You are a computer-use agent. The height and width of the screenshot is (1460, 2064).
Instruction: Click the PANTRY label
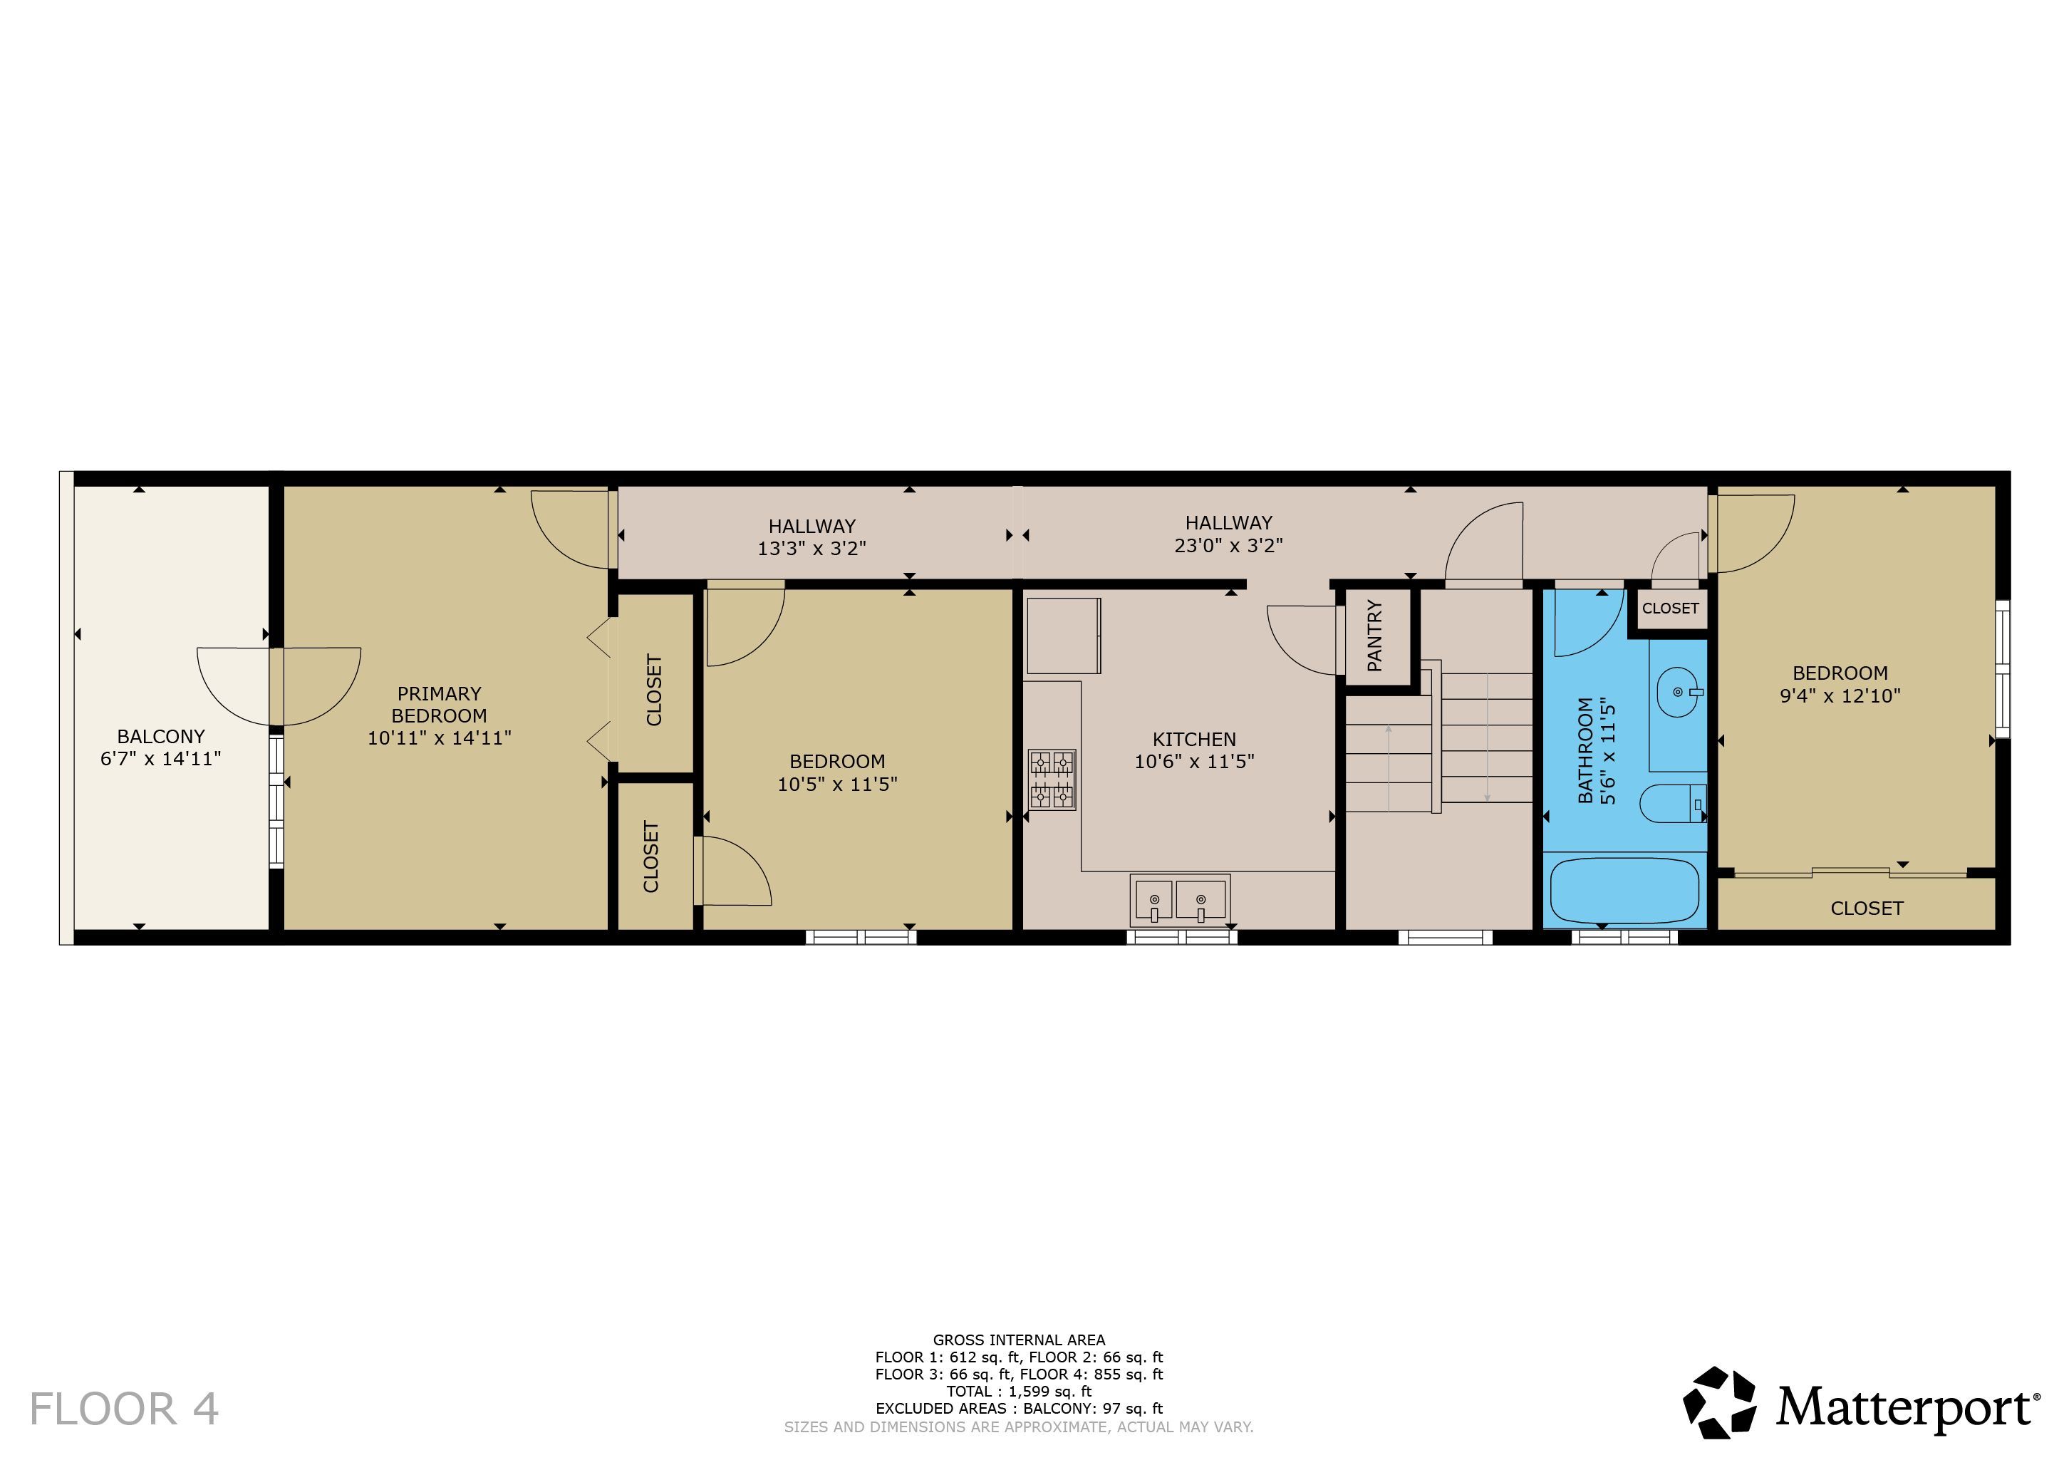(1374, 636)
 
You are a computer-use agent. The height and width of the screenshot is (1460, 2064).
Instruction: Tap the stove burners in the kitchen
(1052, 780)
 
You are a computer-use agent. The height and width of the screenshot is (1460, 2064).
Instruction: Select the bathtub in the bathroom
(1625, 891)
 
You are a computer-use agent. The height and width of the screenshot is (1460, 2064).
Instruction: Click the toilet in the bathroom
(1673, 804)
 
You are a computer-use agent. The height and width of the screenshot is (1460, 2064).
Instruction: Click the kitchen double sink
(1179, 899)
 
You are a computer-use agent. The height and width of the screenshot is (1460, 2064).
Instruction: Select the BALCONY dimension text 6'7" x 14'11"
(161, 759)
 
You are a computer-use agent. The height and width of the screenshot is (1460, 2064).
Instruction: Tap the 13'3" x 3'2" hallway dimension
(811, 549)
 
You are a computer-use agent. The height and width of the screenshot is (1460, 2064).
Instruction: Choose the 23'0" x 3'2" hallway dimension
(1228, 545)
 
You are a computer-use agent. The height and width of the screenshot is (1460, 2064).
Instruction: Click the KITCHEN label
(1194, 739)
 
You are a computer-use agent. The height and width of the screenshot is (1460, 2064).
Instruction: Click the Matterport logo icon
(1720, 1402)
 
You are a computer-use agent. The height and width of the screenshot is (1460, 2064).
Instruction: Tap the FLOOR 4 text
(124, 1409)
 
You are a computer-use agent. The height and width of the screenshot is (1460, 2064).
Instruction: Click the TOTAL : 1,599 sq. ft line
(1019, 1391)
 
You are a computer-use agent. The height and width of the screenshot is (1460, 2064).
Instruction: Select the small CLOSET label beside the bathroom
(1670, 609)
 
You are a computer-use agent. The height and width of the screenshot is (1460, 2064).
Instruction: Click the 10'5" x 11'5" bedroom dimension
(837, 784)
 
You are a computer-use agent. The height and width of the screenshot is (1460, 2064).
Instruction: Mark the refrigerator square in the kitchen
(1064, 636)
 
